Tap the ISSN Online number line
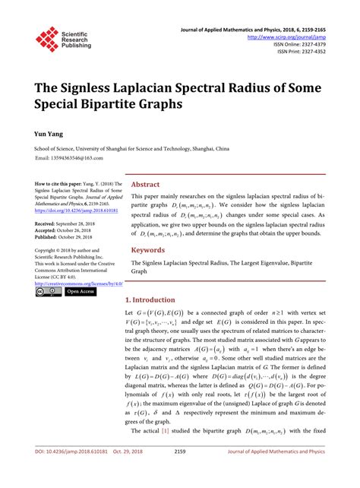(x=302, y=44)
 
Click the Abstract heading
(x=145, y=184)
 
